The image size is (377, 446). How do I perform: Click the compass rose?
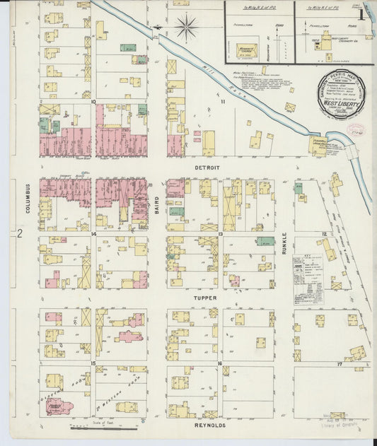pyautogui.click(x=187, y=28)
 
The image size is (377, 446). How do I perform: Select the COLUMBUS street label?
pyautogui.click(x=29, y=200)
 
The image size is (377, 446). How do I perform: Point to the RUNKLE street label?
pyautogui.click(x=284, y=242)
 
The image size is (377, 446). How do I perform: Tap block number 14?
pyautogui.click(x=93, y=233)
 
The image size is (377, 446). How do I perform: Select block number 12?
pyautogui.click(x=324, y=233)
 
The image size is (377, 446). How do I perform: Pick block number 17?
pyautogui.click(x=340, y=363)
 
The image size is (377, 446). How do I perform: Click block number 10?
pyautogui.click(x=93, y=102)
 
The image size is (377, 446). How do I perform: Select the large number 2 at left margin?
pyautogui.click(x=21, y=233)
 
